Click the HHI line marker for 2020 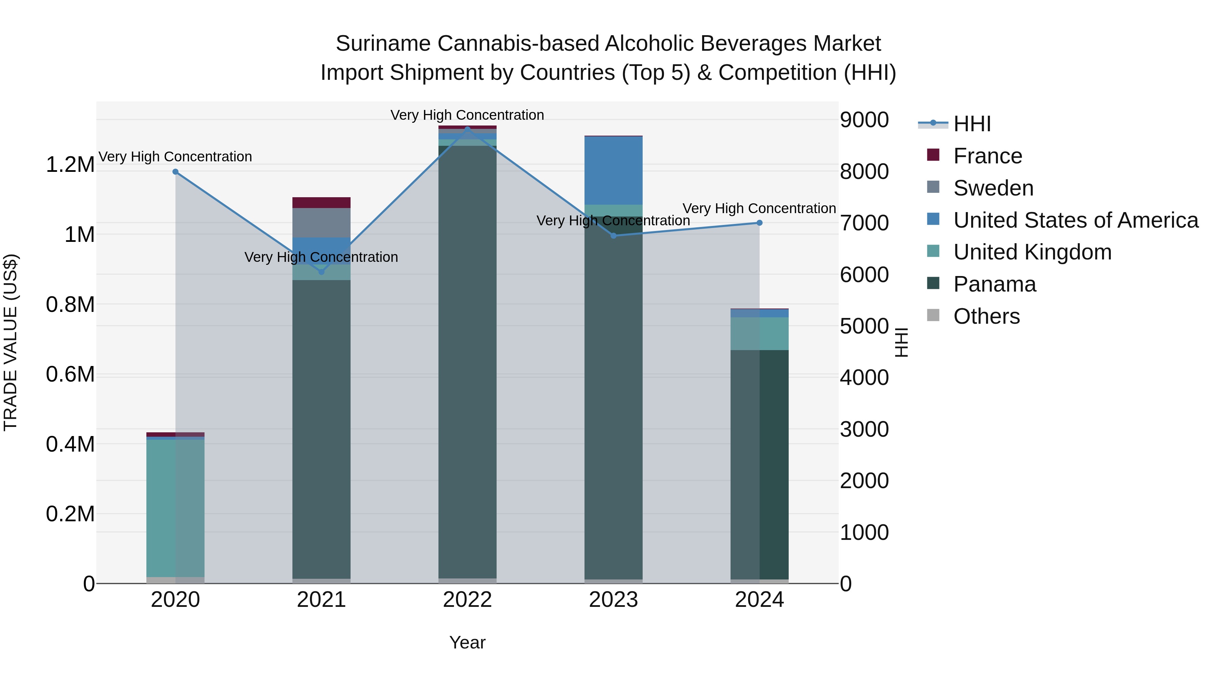(175, 172)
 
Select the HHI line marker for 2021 (321, 272)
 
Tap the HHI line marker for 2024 (759, 223)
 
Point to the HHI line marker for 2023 (613, 235)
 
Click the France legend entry (987, 156)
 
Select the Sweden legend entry (993, 188)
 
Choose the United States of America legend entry (1075, 220)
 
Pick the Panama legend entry (995, 284)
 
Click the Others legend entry (986, 316)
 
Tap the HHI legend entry (972, 124)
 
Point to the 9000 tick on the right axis (864, 120)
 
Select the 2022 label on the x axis (467, 600)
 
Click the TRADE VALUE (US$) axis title (10, 342)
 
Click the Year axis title (467, 642)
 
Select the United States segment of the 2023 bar (613, 170)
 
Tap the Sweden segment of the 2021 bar (321, 223)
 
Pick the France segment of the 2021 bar (321, 202)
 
